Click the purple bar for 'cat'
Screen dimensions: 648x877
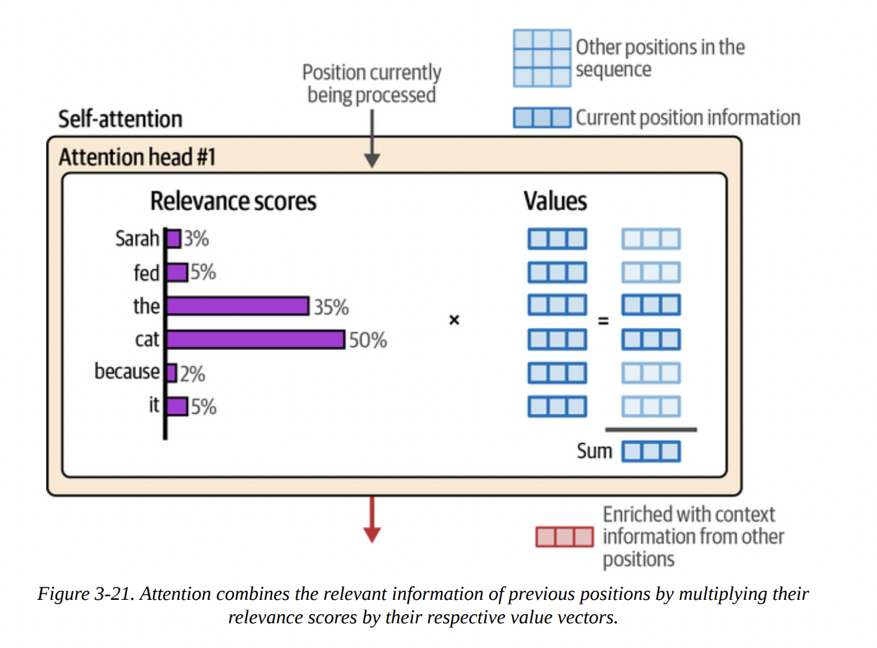[x=255, y=340]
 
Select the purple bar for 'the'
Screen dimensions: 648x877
[x=237, y=306]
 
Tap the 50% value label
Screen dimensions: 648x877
[x=368, y=340]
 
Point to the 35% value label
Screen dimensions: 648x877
[x=331, y=307]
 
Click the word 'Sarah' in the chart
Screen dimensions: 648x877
[x=137, y=239]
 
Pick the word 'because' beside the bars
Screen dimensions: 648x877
[x=127, y=371]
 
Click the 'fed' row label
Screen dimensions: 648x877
[x=146, y=273]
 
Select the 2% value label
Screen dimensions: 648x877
[x=193, y=374]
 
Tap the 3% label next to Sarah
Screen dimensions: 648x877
[x=196, y=239]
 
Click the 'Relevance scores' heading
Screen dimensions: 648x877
[x=233, y=202]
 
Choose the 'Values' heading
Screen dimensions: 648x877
[x=555, y=202]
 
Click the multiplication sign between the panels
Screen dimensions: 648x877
[x=454, y=320]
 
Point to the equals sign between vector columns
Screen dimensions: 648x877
[x=603, y=321]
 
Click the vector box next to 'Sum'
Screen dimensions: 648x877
[x=651, y=452]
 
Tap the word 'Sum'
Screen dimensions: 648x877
[x=594, y=451]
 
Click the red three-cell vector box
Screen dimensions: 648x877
[x=564, y=537]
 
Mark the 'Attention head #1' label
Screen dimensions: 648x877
[x=137, y=157]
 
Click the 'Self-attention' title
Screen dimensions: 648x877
[x=120, y=119]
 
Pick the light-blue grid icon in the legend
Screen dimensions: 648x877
[x=542, y=58]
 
